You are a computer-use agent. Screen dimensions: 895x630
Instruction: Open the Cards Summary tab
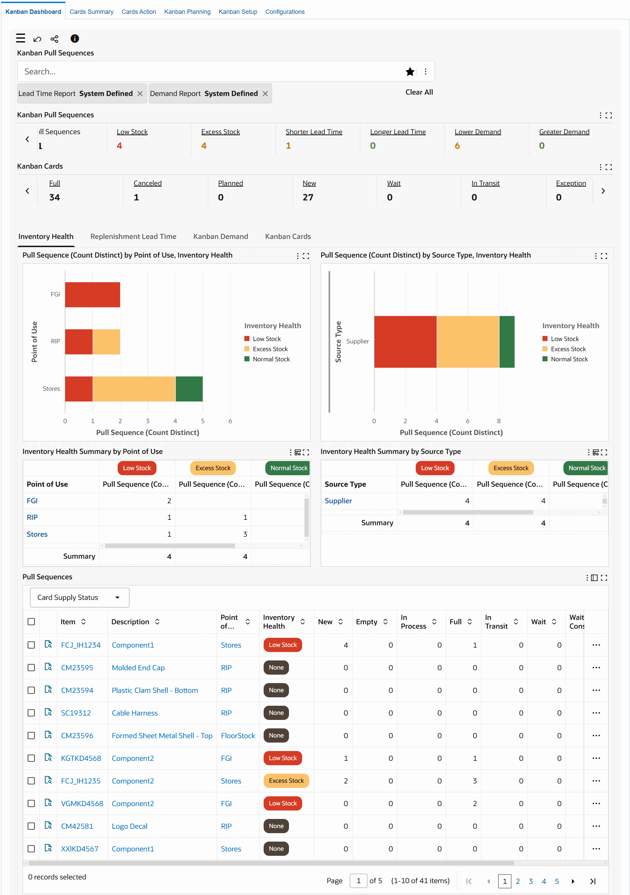[x=91, y=12]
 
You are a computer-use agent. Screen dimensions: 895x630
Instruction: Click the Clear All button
[x=419, y=92]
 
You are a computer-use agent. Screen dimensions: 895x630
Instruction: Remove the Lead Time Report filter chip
[x=140, y=94]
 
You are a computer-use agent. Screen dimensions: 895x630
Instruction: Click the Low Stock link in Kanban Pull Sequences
[x=132, y=132]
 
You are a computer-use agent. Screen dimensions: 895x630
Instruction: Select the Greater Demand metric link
[x=564, y=132]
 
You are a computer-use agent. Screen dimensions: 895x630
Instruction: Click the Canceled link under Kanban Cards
[x=147, y=183]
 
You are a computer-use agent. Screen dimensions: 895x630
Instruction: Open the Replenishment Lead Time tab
[x=133, y=237]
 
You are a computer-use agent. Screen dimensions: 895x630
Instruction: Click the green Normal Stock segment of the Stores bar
[x=189, y=389]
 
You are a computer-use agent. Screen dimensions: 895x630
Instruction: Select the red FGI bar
[x=92, y=295]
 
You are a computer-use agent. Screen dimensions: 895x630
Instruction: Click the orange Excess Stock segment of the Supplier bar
[x=467, y=341]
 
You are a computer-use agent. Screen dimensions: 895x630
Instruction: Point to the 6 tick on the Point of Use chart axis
[x=230, y=421]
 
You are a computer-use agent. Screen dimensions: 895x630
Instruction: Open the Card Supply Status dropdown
[x=79, y=598]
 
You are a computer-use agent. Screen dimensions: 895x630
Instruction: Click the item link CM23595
[x=77, y=668]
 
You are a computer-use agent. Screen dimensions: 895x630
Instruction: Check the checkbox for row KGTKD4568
[x=31, y=758]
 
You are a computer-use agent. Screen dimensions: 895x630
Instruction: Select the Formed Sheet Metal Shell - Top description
[x=162, y=735]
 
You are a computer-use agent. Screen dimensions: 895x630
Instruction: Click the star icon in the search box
[x=409, y=72]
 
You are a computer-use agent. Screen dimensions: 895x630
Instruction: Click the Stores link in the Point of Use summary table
[x=37, y=534]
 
